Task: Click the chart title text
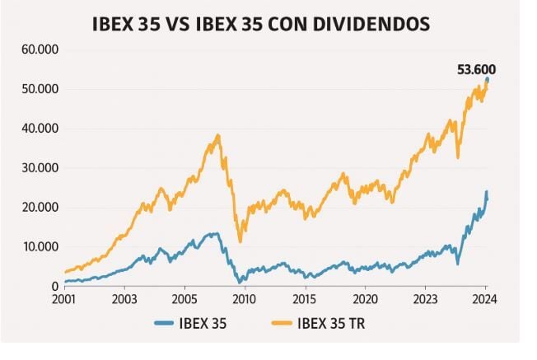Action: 261,24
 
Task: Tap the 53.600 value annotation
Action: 476,70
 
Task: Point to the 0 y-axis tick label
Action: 54,286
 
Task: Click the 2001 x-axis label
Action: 64,300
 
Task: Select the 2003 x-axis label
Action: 124,300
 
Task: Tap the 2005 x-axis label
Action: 184,300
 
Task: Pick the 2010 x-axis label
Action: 245,300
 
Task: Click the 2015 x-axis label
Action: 305,300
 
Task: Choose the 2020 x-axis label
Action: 365,300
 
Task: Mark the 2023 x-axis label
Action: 425,300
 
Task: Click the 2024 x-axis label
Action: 485,300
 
